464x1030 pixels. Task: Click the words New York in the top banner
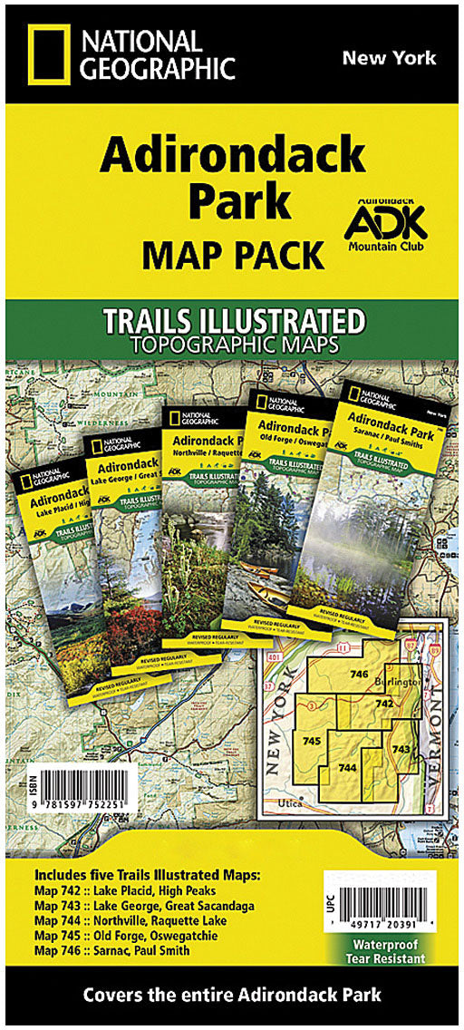tap(389, 58)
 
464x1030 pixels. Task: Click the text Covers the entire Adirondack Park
tap(233, 995)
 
